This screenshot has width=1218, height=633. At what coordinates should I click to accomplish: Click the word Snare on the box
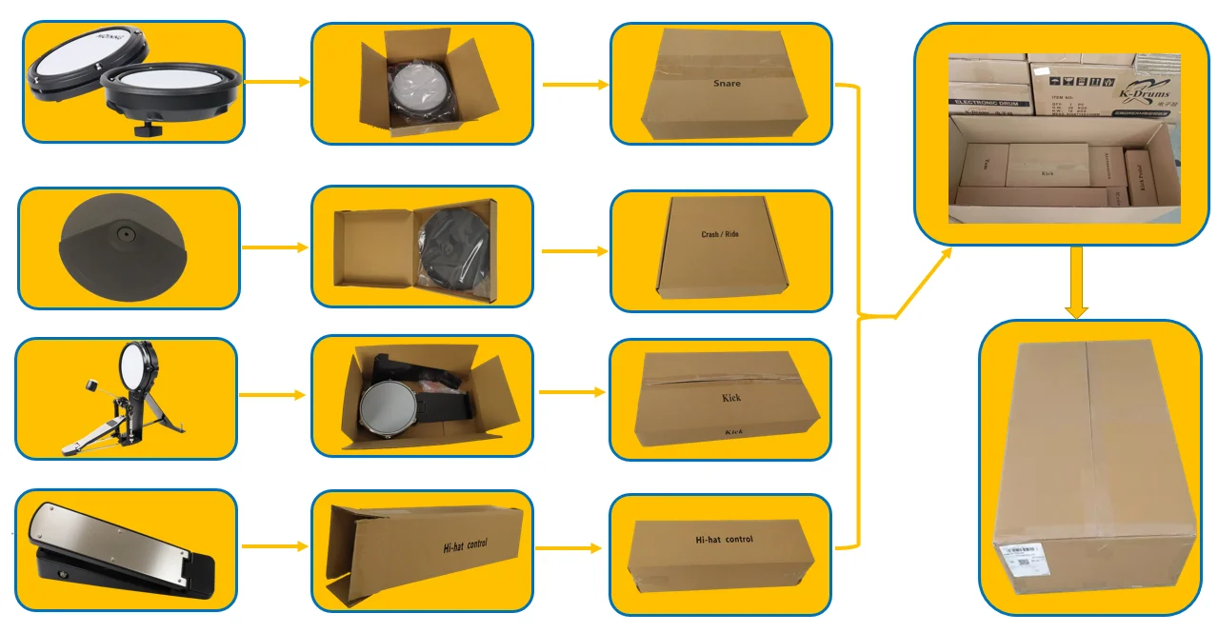click(x=727, y=84)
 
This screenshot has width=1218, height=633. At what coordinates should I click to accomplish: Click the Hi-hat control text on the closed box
click(x=725, y=540)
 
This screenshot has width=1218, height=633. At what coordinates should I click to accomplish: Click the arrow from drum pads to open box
click(x=277, y=82)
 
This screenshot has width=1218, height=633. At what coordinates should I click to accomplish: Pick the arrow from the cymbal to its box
click(x=275, y=247)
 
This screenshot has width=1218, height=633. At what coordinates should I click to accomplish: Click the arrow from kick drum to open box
click(x=272, y=394)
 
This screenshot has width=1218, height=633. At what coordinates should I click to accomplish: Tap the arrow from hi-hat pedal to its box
click(x=275, y=546)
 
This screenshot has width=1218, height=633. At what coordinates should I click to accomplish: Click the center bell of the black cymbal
click(x=124, y=231)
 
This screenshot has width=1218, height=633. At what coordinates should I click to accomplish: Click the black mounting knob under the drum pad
click(x=146, y=127)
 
